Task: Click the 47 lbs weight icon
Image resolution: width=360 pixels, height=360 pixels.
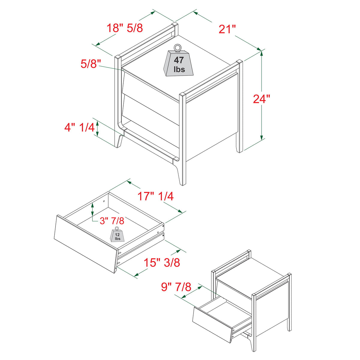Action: point(179,64)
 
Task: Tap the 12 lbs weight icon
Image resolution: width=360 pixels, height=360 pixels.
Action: point(117,235)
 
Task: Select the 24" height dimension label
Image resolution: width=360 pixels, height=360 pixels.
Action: point(261,99)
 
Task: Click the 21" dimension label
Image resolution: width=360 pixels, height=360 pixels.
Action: point(227,29)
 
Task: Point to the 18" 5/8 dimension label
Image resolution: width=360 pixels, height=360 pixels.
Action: point(125,28)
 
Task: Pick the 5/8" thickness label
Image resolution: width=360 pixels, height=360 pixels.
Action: point(90,64)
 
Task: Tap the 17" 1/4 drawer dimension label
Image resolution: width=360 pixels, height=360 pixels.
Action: point(155,196)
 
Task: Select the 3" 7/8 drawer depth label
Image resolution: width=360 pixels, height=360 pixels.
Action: point(112,221)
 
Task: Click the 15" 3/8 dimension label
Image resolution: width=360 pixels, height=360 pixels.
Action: point(162,262)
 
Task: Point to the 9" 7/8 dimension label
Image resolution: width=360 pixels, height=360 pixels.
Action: point(176,287)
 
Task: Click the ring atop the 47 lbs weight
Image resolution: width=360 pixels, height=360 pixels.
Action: point(178,47)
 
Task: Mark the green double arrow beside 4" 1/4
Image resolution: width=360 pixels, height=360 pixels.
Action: point(97,128)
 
